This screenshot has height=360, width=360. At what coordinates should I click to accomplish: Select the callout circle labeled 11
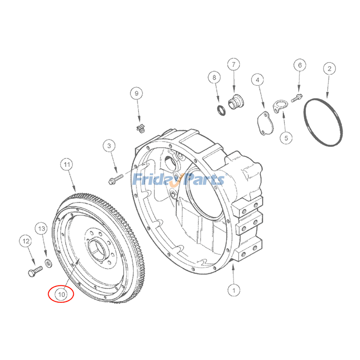[x=67, y=165]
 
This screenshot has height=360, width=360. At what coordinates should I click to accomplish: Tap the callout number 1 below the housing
[x=234, y=290]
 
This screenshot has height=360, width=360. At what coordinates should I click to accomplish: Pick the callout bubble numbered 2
[x=329, y=69]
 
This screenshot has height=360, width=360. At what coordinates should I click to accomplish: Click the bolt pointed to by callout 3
[x=114, y=180]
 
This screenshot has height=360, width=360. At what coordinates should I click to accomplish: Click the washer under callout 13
[x=48, y=262]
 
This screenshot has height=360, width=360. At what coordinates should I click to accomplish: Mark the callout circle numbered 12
[x=26, y=242]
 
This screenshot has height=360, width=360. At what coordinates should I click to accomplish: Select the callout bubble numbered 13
[x=41, y=229]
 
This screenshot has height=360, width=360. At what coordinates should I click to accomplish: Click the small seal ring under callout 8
[x=221, y=109]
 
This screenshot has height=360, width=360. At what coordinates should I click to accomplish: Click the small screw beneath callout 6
[x=296, y=97]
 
